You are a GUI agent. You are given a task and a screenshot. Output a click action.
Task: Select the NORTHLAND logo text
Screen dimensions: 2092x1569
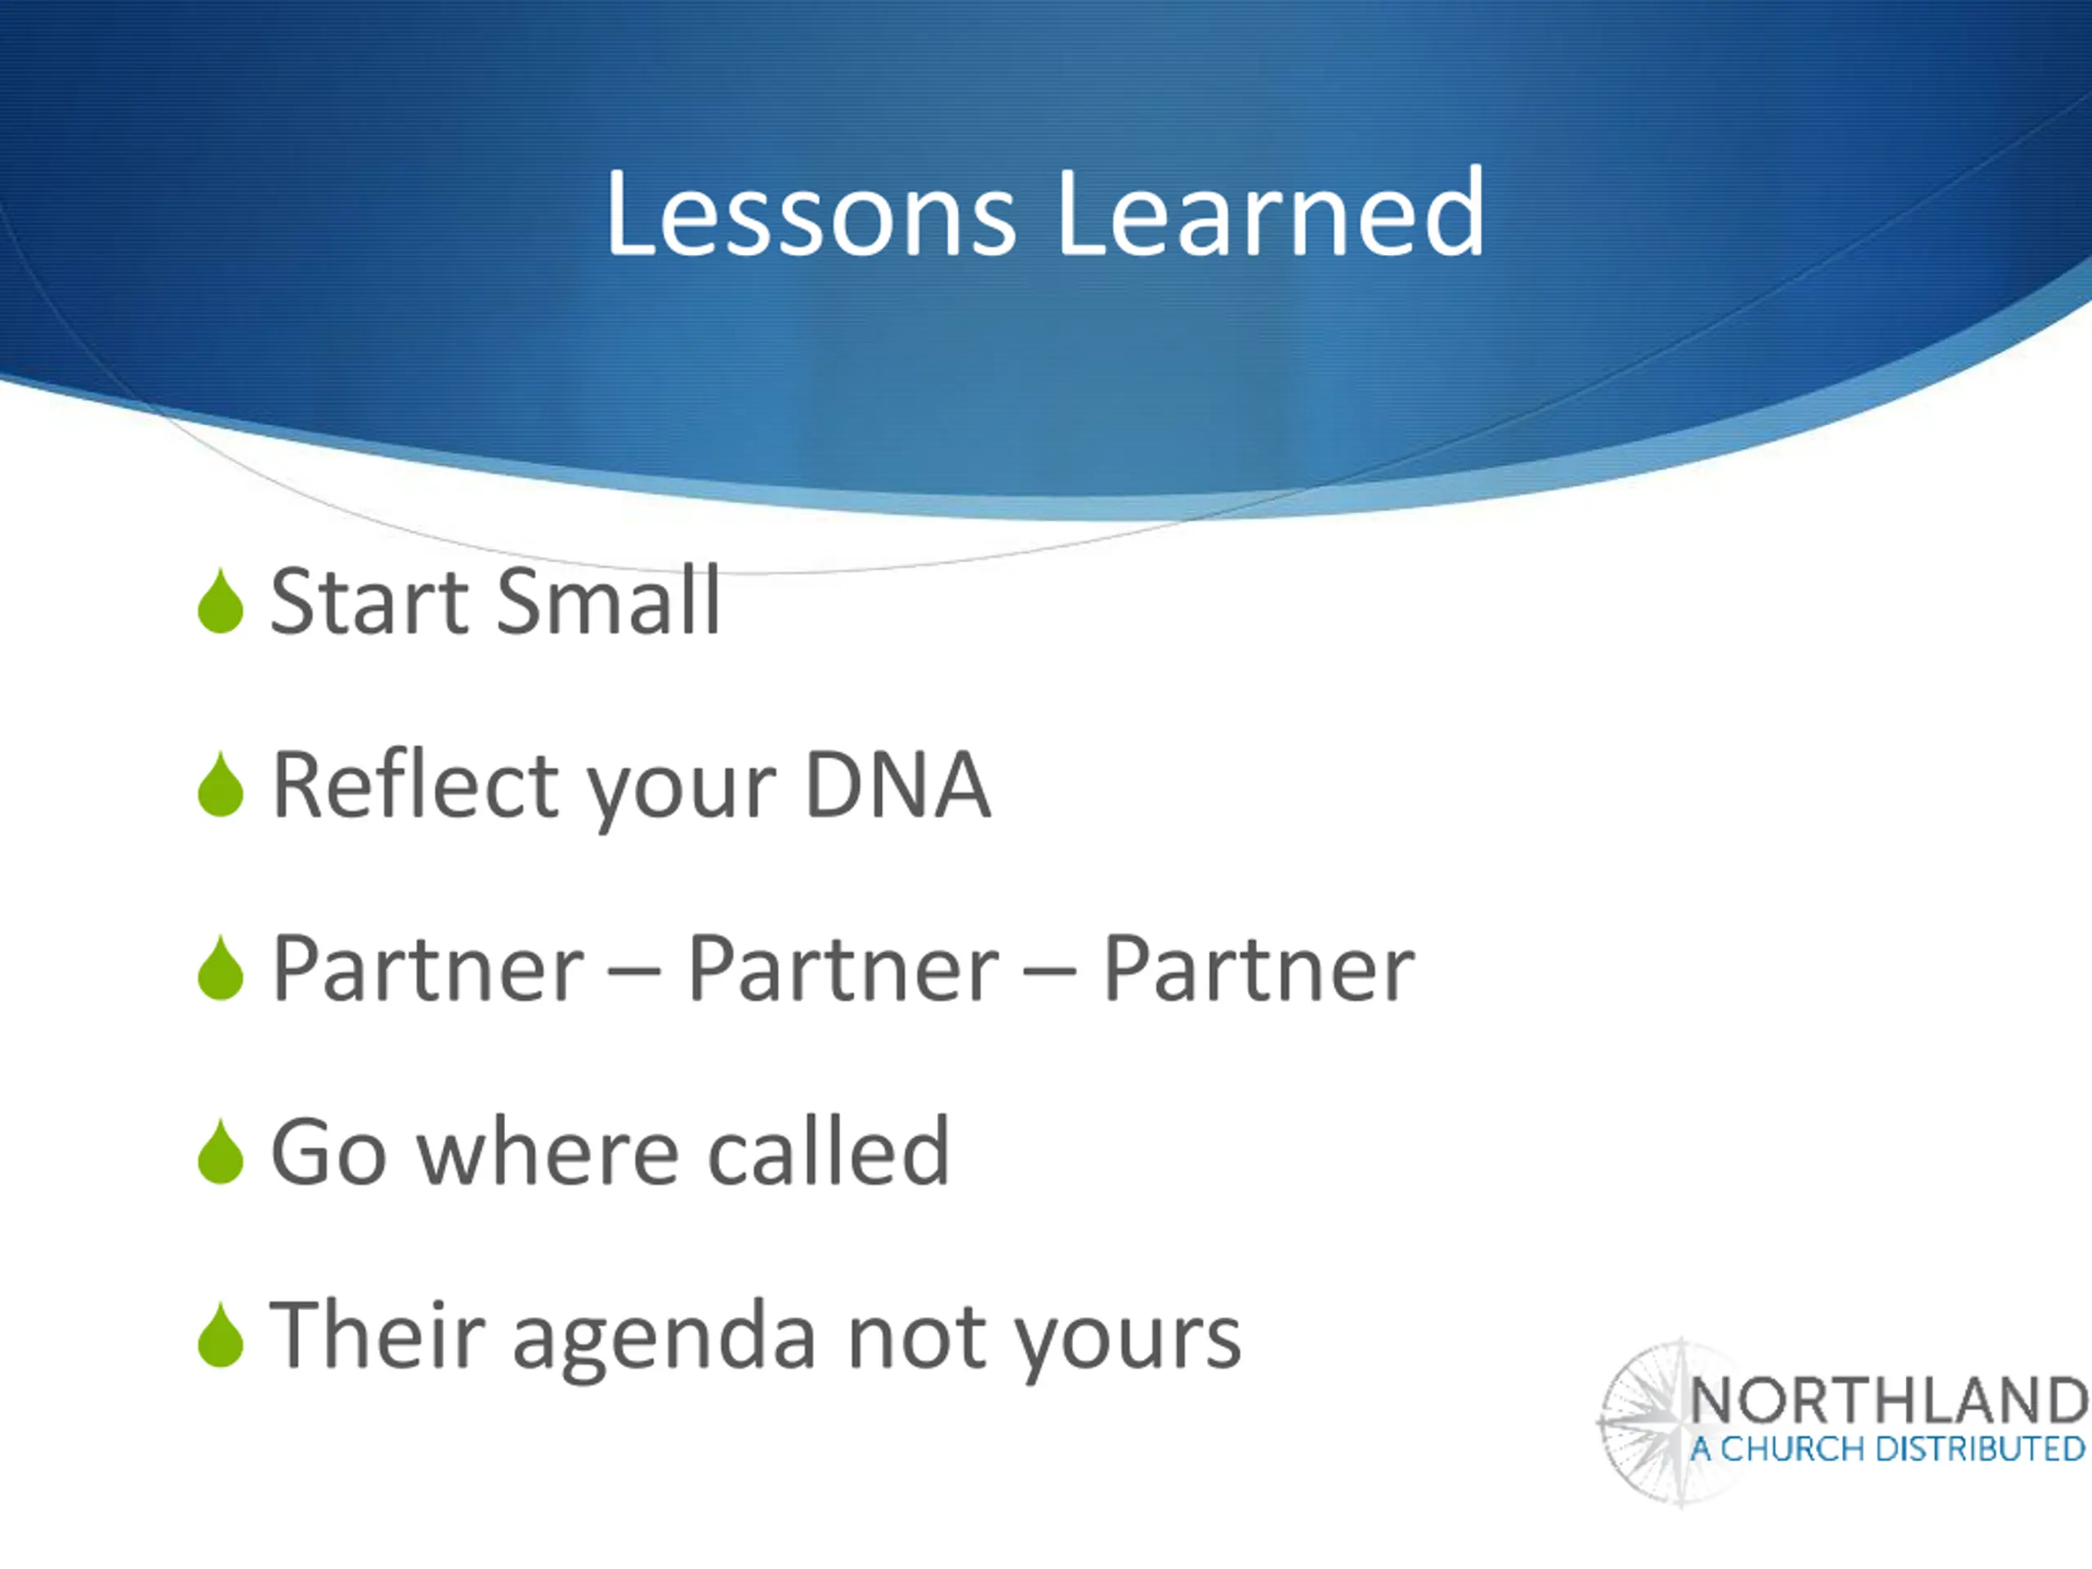coord(1888,1401)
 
